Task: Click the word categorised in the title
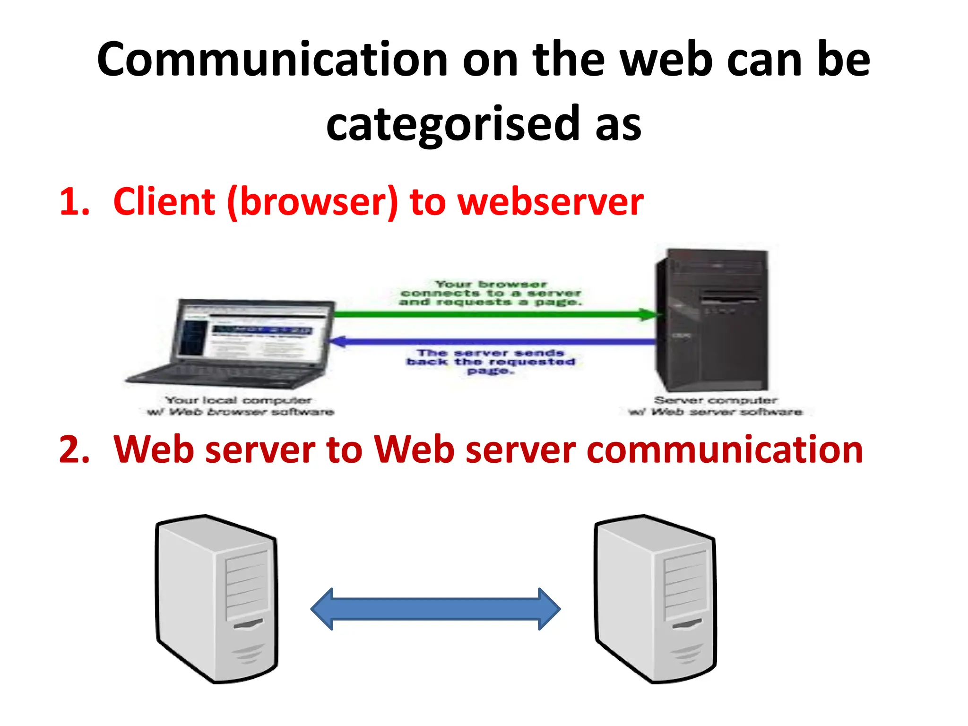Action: [452, 124]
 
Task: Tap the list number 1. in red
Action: [74, 202]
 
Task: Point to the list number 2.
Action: [74, 449]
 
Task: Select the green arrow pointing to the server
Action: [492, 314]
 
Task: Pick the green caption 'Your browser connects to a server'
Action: [490, 293]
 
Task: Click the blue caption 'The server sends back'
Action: [490, 362]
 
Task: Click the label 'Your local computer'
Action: [239, 401]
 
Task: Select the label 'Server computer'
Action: [715, 401]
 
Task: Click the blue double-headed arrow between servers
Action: [435, 609]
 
